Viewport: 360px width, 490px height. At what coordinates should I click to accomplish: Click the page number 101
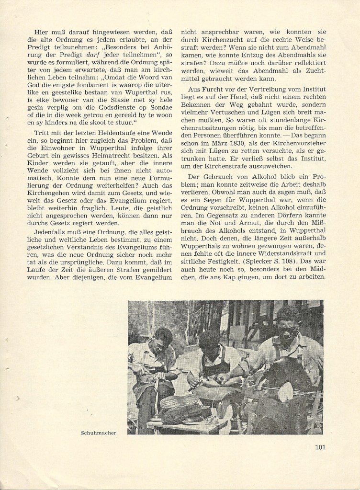(x=321, y=448)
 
